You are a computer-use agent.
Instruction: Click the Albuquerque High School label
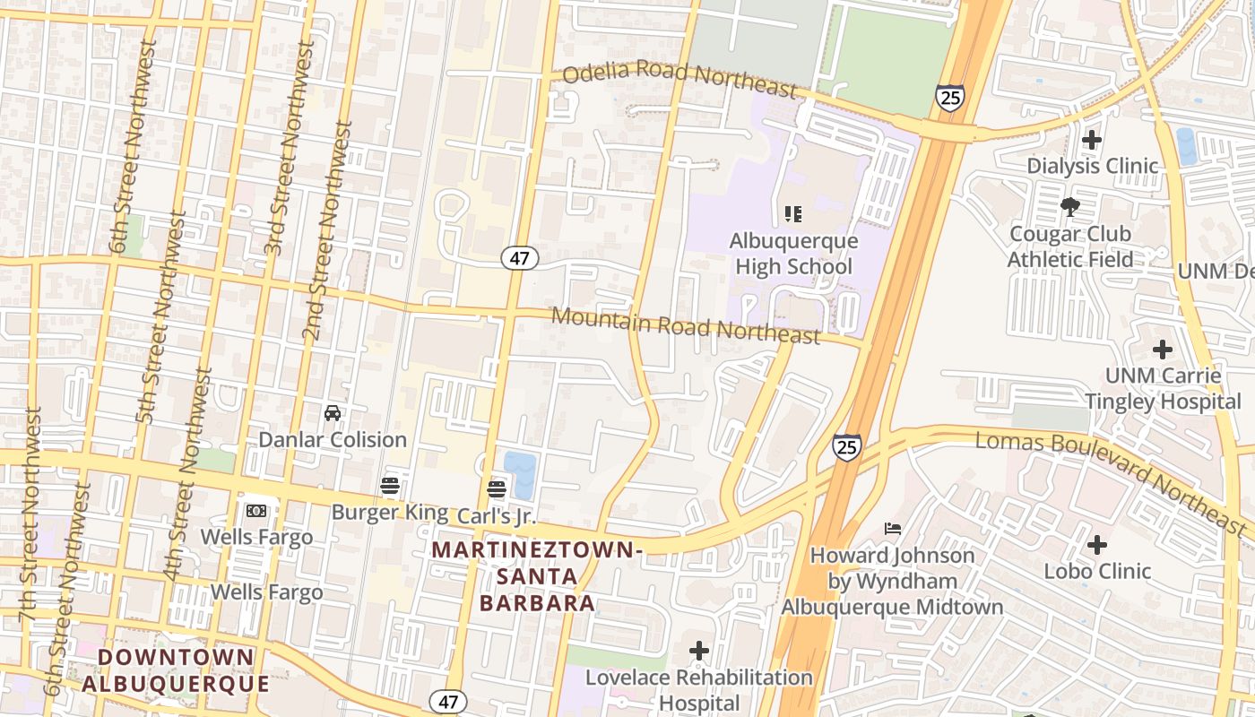pyautogui.click(x=793, y=254)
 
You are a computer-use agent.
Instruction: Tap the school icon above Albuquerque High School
pyautogui.click(x=792, y=214)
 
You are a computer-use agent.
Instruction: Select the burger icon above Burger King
pyautogui.click(x=389, y=486)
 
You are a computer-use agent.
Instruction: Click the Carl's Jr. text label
pyautogui.click(x=496, y=516)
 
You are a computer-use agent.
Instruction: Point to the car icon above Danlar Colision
pyautogui.click(x=333, y=413)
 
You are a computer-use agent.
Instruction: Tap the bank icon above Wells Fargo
pyautogui.click(x=256, y=511)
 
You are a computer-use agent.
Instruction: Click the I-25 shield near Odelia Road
pyautogui.click(x=949, y=97)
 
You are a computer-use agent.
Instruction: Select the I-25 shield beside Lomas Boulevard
pyautogui.click(x=847, y=446)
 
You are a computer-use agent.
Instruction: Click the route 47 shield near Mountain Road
pyautogui.click(x=519, y=259)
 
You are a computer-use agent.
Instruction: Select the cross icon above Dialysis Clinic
pyautogui.click(x=1092, y=140)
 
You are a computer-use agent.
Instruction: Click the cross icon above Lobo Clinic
pyautogui.click(x=1097, y=545)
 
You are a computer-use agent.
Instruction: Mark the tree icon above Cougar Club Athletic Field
pyautogui.click(x=1069, y=208)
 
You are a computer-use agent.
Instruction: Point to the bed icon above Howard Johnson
pyautogui.click(x=892, y=529)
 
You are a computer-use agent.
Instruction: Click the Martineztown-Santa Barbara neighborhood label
pyautogui.click(x=537, y=575)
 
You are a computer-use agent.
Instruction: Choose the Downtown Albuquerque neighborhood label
pyautogui.click(x=176, y=670)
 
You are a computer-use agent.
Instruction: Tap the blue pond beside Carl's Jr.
pyautogui.click(x=521, y=473)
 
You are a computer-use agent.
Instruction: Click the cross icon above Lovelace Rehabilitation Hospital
pyautogui.click(x=699, y=650)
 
